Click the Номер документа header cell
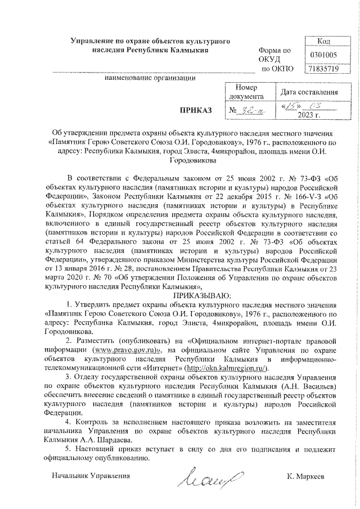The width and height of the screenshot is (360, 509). [246, 92]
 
